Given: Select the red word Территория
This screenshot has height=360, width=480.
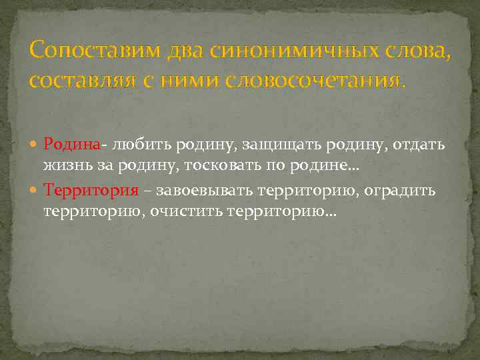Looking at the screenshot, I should click(91, 190).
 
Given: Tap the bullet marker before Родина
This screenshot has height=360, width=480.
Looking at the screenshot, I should click(35, 145).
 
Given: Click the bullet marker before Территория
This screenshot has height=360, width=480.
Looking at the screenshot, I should click(35, 191).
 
